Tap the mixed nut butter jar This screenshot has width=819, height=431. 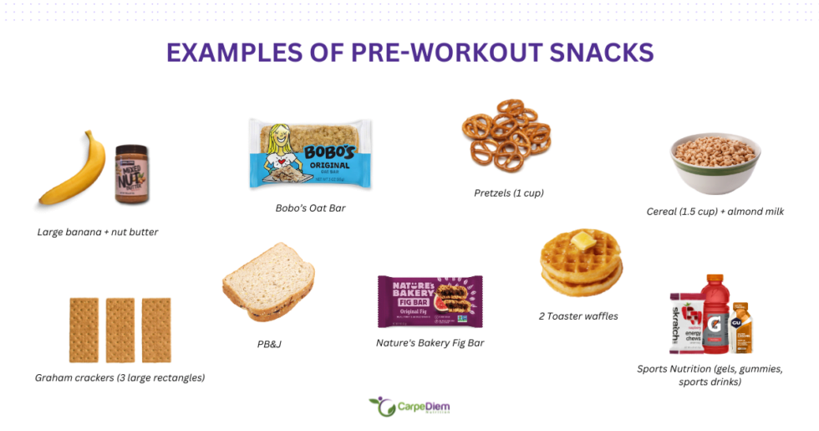pyautogui.click(x=131, y=173)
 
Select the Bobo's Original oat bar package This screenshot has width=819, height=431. pyautogui.click(x=310, y=153)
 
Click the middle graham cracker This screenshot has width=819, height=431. pyautogui.click(x=120, y=330)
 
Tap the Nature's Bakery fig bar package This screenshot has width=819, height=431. pyautogui.click(x=430, y=301)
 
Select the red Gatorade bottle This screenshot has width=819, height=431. pyautogui.click(x=716, y=313)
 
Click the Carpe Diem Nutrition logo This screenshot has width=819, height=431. pyautogui.click(x=409, y=408)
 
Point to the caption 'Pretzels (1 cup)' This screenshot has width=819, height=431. pyautogui.click(x=508, y=192)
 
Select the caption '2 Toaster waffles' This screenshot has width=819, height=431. pyautogui.click(x=578, y=316)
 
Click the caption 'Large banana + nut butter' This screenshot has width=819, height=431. pyautogui.click(x=98, y=232)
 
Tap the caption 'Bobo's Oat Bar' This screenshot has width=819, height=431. pyautogui.click(x=310, y=208)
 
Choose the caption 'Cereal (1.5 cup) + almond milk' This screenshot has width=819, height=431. pyautogui.click(x=715, y=211)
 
